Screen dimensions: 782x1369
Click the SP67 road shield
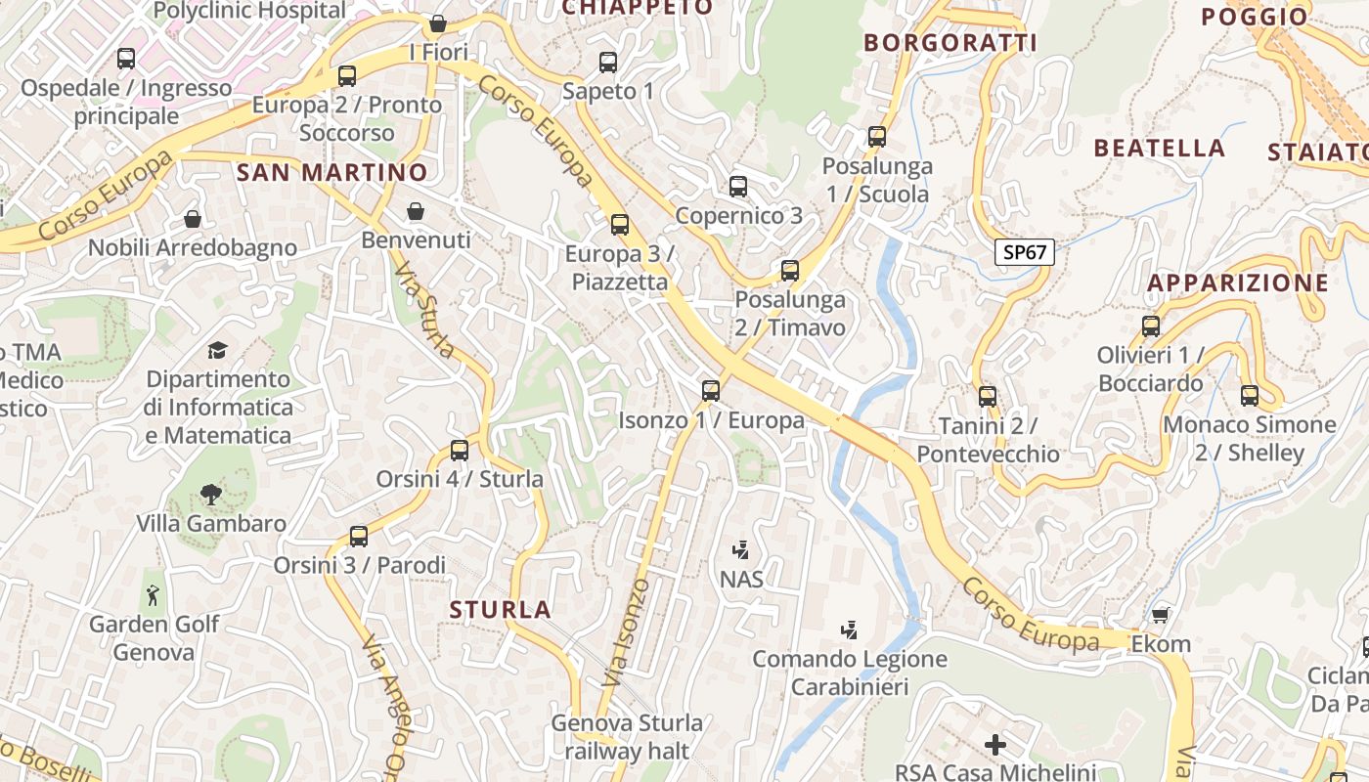tap(1025, 252)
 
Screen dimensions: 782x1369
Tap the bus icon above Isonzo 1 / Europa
tap(711, 391)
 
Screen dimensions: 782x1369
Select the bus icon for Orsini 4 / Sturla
tap(460, 451)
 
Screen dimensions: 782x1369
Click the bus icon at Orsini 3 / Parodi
tap(359, 536)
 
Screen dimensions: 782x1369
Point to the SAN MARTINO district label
tap(332, 173)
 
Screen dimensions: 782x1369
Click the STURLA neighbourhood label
tap(501, 610)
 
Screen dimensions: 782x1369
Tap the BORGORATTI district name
tap(950, 43)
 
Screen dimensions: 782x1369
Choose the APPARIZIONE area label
tap(1238, 283)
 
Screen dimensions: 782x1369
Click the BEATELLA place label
tap(1159, 149)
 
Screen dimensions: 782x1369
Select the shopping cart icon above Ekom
tap(1160, 615)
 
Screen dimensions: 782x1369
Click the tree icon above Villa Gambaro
tap(210, 494)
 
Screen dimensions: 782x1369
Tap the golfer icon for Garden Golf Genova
tap(153, 594)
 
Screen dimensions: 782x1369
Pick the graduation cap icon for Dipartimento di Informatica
tap(217, 350)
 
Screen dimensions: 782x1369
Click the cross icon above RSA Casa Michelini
tap(995, 745)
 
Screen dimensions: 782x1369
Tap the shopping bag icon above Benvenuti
tap(416, 211)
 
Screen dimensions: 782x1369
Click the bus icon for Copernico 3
tap(738, 187)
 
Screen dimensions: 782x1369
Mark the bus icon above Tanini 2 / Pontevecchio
tap(988, 397)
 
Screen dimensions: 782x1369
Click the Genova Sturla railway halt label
tap(627, 737)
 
